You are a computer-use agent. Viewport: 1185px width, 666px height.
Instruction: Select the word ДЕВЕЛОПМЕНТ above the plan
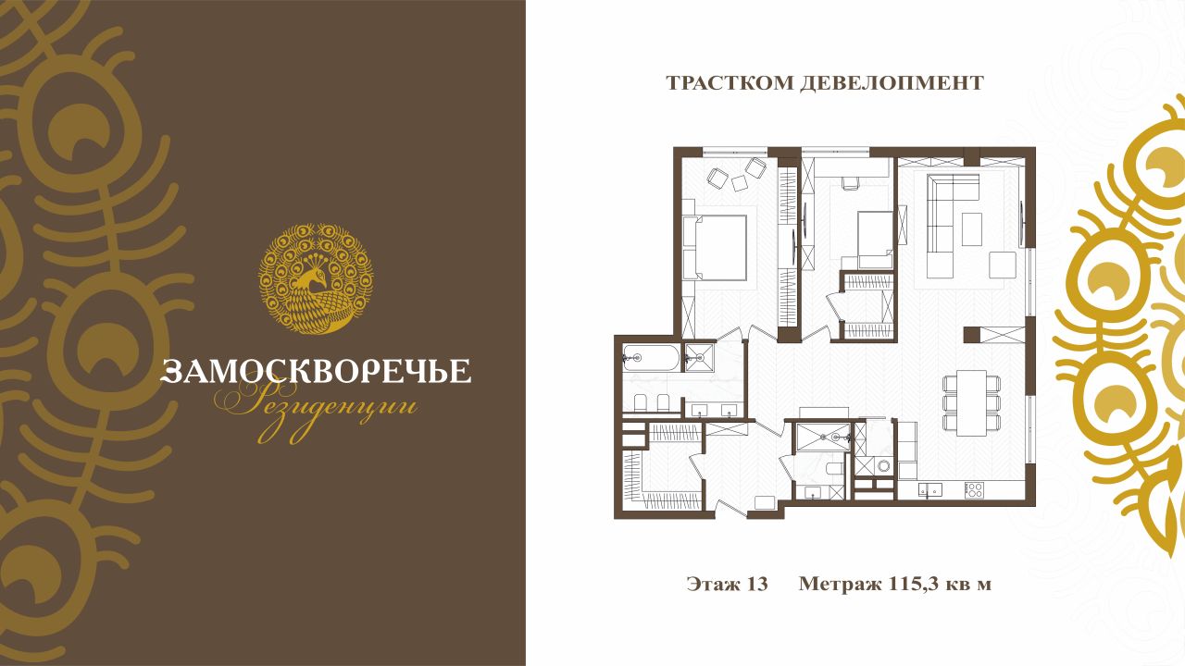tap(892, 83)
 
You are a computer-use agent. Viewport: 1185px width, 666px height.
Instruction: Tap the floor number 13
tap(757, 584)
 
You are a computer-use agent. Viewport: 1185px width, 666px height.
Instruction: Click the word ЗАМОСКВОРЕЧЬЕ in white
tap(316, 371)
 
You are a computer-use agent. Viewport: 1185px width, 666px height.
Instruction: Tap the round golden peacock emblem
tap(316, 278)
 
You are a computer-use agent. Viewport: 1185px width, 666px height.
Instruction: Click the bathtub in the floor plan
tap(651, 358)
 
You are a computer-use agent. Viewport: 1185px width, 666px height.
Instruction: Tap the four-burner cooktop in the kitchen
tap(974, 490)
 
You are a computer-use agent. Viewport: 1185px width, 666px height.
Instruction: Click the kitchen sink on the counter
tap(929, 490)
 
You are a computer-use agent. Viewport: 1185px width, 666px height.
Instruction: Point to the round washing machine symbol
tap(883, 465)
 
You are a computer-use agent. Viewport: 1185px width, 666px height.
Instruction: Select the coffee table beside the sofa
tap(972, 228)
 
